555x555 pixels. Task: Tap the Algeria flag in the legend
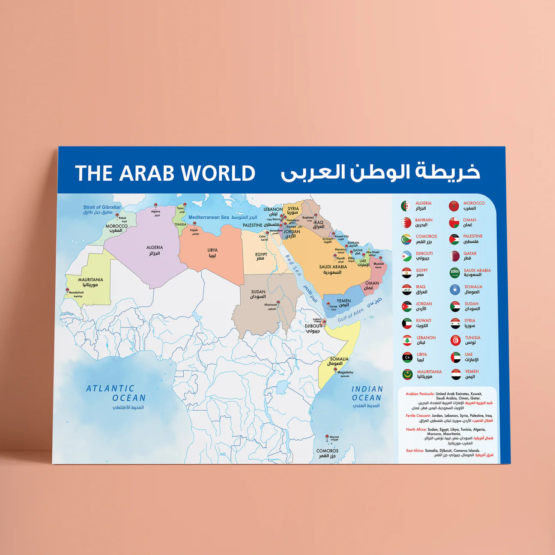406,206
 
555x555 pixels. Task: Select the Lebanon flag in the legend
407,340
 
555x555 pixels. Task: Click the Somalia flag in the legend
455,290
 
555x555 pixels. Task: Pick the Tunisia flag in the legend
455,340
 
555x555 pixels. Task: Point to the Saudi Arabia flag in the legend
455,273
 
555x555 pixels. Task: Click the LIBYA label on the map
212,250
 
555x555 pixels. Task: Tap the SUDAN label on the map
258,292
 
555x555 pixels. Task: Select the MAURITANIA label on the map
90,280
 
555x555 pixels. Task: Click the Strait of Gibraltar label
102,207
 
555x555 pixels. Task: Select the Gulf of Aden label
351,315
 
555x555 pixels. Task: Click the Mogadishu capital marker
339,367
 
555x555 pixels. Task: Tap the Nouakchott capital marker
68,290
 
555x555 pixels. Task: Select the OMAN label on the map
372,283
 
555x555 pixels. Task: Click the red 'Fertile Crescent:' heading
418,416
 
